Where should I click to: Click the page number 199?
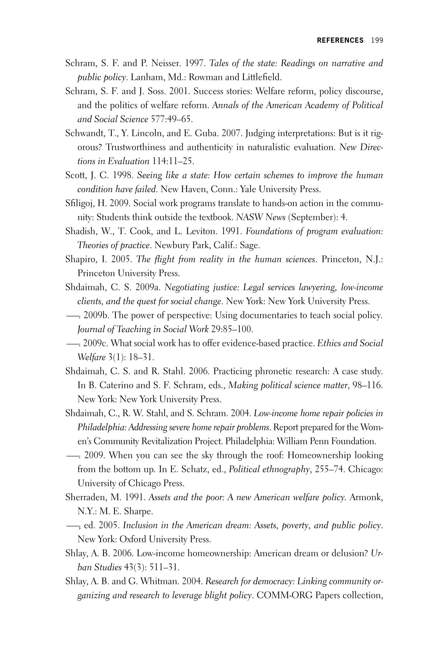pos(377,40)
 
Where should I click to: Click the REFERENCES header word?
pos(340,40)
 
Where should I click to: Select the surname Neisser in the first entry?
pos(165,63)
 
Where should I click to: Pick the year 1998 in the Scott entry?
pos(123,176)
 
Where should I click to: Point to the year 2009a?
pos(148,288)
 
